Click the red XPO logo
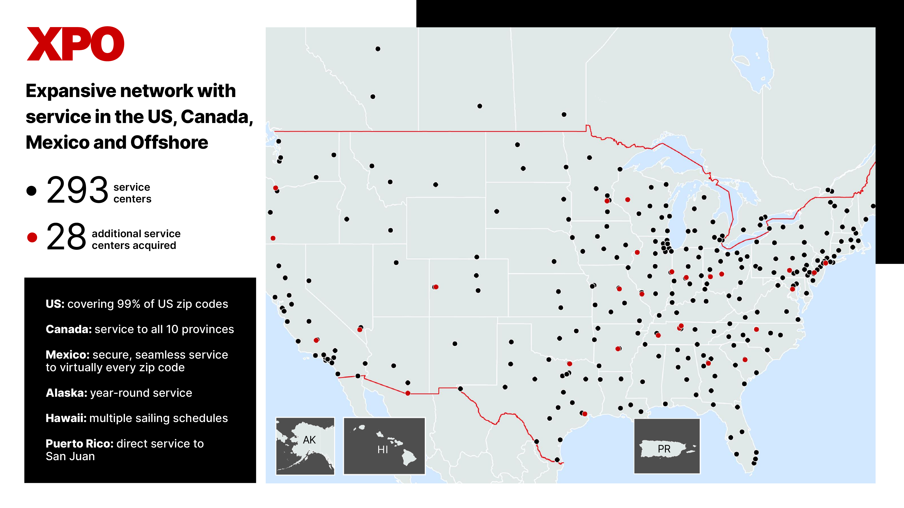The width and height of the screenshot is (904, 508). click(75, 44)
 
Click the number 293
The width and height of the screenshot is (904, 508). click(77, 190)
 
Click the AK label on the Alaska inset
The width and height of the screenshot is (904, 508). click(309, 440)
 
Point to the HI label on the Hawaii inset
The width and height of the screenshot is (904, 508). click(383, 450)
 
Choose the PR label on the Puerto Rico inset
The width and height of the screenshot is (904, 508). click(664, 449)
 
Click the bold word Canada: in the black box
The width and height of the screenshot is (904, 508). click(69, 329)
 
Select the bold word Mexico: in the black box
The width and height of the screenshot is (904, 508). click(68, 355)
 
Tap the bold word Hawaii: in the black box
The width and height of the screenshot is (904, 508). click(66, 418)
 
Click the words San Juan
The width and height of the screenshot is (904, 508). click(70, 457)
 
